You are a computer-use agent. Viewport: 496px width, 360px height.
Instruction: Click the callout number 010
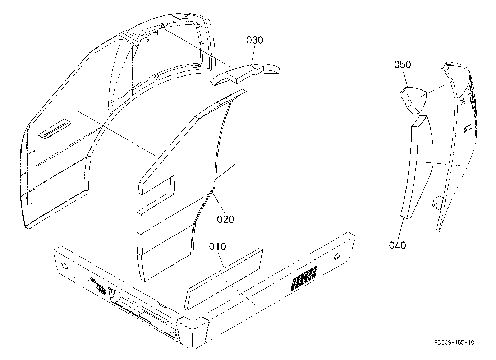(x=217, y=246)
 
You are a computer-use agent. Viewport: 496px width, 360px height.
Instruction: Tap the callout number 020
(x=225, y=220)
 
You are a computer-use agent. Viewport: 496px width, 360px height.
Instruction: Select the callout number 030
(x=254, y=40)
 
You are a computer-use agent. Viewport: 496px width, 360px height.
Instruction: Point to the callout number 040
(x=398, y=245)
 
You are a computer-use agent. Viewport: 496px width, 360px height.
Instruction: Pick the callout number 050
(x=403, y=64)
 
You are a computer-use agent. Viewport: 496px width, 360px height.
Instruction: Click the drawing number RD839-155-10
(x=454, y=342)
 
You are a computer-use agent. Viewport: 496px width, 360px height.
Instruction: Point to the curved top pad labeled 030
(x=245, y=74)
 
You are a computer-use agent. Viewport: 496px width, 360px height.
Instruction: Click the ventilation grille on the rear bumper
(x=304, y=278)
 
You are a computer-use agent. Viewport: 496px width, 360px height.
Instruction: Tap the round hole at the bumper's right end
(x=337, y=257)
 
